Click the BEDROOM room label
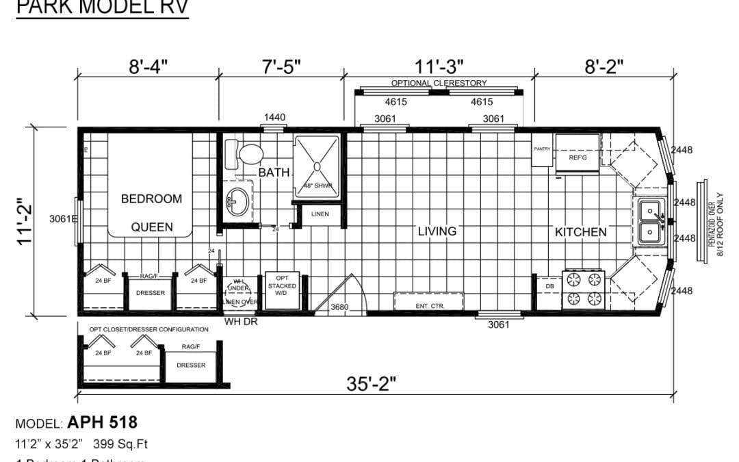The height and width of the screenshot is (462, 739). click(151, 199)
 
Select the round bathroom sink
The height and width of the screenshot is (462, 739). click(237, 203)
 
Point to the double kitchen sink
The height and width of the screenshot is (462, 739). click(650, 222)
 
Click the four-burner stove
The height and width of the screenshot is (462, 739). click(584, 289)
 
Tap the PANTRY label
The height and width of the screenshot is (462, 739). click(542, 149)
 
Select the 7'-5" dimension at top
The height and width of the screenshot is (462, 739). click(281, 66)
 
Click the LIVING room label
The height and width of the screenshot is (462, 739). click(437, 231)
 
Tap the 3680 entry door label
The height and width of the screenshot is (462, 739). click(339, 307)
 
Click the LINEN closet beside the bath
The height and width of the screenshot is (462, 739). click(320, 214)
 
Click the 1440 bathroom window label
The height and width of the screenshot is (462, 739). click(274, 118)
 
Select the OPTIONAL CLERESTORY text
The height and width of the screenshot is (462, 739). click(439, 83)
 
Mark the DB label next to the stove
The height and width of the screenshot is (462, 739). click(549, 286)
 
